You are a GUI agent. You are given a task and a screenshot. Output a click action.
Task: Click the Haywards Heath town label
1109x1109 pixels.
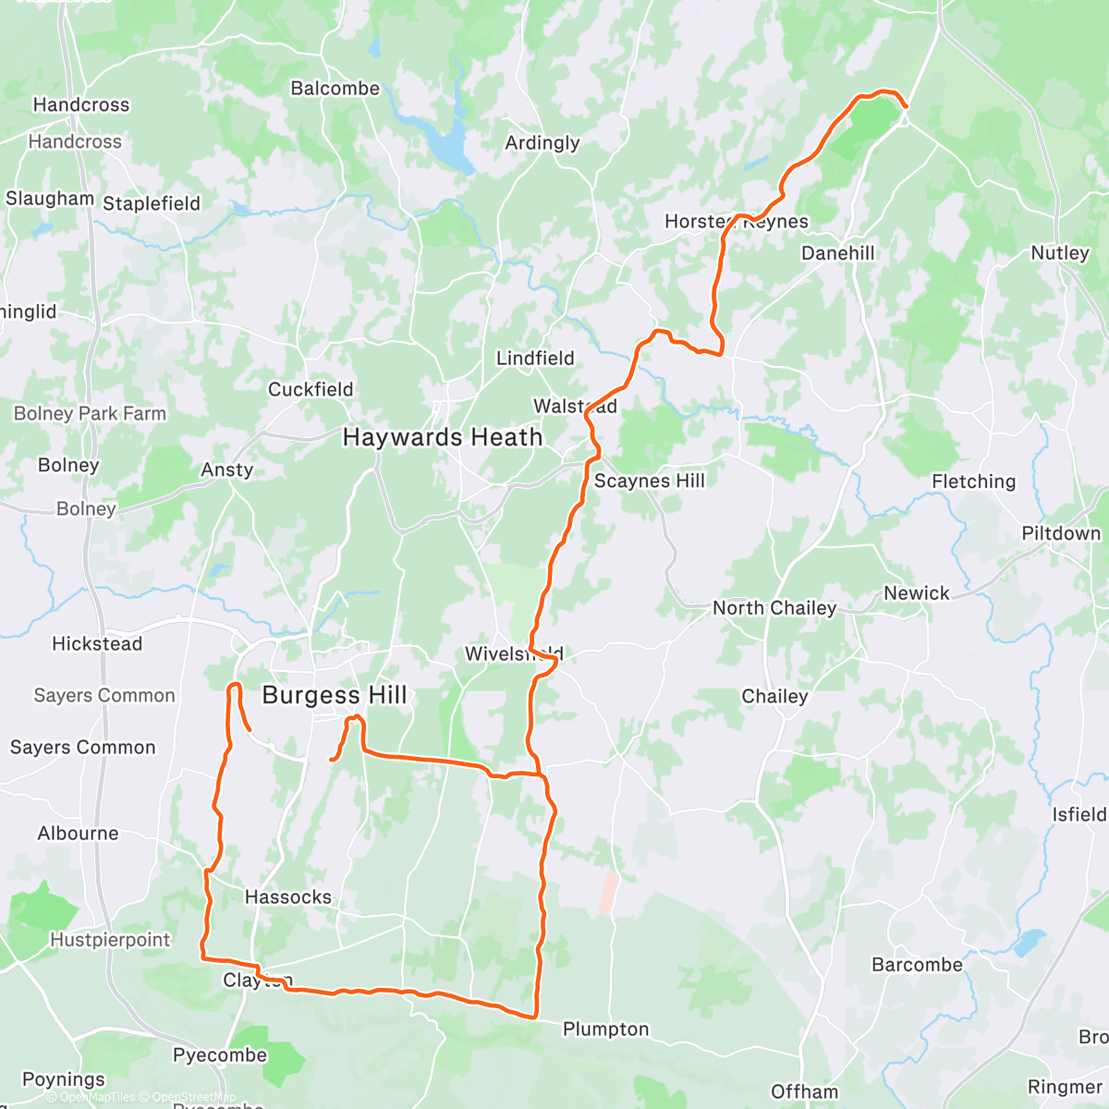coord(443,437)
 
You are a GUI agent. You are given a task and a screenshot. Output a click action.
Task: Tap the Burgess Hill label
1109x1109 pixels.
coord(335,695)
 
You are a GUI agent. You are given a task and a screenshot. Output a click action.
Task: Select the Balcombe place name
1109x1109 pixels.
coord(335,89)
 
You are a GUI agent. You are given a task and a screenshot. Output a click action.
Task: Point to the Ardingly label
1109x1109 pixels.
coord(542,142)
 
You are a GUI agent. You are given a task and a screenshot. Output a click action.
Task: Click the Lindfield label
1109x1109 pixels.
coord(535,358)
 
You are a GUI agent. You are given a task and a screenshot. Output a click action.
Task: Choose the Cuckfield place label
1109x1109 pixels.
coord(311,389)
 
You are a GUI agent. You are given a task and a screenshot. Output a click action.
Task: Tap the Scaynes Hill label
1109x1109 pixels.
coord(649,481)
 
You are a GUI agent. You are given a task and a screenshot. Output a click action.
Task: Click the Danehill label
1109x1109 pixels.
coord(837,253)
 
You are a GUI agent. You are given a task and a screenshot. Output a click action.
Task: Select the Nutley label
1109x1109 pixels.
coord(1060,253)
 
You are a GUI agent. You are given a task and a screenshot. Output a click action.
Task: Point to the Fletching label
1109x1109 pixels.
coord(973,481)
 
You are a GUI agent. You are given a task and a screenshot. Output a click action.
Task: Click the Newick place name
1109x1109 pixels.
coord(916,593)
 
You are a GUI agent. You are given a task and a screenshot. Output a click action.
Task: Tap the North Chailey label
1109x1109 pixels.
coord(774,608)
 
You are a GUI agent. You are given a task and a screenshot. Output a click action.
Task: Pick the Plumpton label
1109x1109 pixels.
coord(605,1030)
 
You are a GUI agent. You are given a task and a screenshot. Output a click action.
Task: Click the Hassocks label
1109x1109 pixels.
coord(287,896)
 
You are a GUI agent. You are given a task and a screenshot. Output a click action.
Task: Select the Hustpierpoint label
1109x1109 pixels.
coord(110,940)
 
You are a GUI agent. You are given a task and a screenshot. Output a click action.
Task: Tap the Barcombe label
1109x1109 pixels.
coord(917,965)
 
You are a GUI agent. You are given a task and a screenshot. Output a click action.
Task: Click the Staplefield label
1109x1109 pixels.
coord(152,203)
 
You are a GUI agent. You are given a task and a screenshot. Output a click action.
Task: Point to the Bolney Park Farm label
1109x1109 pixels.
coord(90,414)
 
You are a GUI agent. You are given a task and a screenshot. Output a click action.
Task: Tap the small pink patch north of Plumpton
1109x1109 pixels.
coord(607,893)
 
